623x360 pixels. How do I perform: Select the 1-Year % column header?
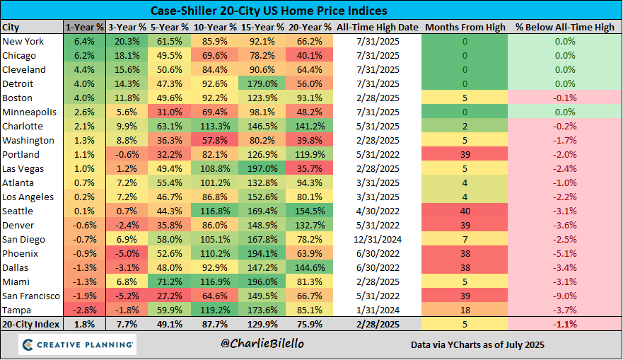84,27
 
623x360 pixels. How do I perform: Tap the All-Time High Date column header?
378,27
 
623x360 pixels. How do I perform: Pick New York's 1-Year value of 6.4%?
84,41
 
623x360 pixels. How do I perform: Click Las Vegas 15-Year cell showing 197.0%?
262,168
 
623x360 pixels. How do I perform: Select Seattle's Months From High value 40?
465,211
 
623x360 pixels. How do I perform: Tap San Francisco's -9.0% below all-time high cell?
564,296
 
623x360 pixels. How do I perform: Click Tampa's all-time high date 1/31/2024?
378,310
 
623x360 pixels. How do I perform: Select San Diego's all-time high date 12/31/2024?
378,239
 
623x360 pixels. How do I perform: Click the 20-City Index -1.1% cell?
564,325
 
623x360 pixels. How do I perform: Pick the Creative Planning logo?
78,345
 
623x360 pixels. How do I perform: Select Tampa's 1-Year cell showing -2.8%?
84,310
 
